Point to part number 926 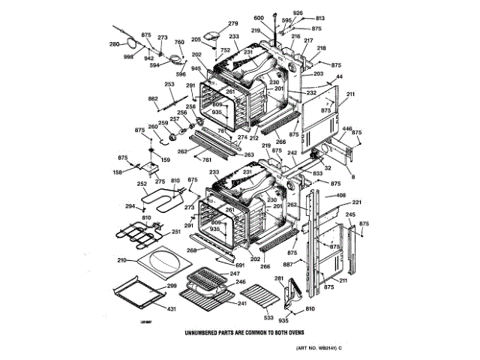point(298,13)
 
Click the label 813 point(320,18)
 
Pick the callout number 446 point(346,129)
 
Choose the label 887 point(288,264)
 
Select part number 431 point(171,309)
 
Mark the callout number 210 point(121,261)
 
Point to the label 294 point(130,205)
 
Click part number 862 point(153,99)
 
